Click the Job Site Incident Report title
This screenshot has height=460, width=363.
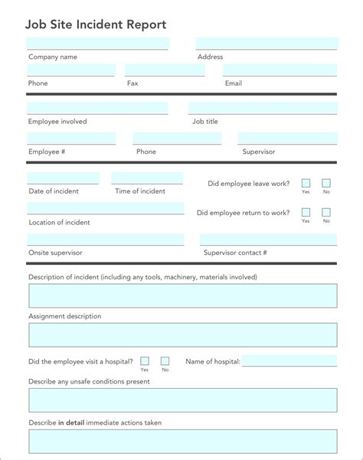96,24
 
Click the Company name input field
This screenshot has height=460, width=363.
97,44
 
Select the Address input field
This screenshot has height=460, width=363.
267,44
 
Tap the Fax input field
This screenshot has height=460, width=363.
165,70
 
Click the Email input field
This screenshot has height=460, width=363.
280,70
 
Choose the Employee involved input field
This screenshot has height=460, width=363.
97,109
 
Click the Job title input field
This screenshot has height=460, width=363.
263,109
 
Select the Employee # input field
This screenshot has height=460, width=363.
71,139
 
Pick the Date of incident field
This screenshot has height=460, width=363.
63,178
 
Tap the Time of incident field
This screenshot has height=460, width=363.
147,178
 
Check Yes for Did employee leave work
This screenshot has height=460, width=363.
306,184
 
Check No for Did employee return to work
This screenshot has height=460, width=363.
326,212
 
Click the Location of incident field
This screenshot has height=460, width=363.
106,208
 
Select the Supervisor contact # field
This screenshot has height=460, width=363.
268,240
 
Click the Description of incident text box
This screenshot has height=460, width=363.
182,296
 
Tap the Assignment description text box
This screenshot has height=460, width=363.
182,334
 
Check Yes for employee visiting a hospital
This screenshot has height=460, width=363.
145,360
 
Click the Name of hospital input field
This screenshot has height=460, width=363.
289,361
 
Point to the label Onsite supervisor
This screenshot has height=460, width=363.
55,253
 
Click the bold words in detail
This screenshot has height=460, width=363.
71,422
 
